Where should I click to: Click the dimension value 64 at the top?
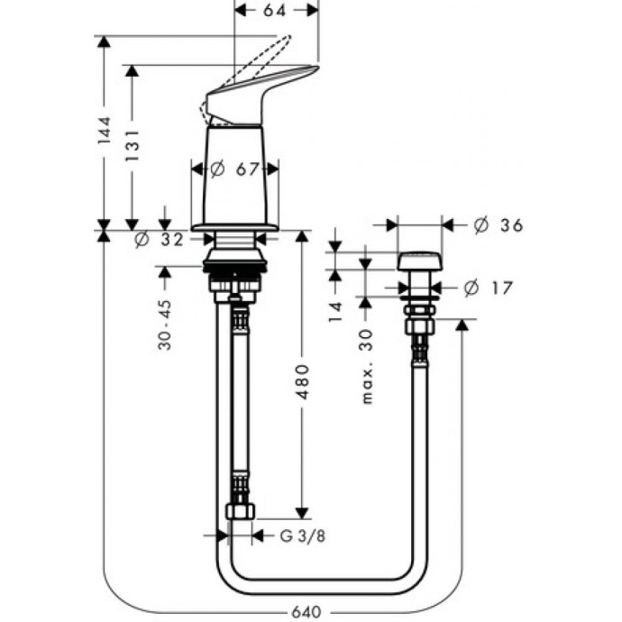[x=276, y=10]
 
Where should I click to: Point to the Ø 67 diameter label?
[x=234, y=169]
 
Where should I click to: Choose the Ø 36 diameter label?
[x=499, y=225]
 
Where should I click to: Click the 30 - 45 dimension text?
[x=165, y=319]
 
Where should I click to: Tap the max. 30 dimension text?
[x=366, y=365]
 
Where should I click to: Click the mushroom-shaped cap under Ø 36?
[x=418, y=261]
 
